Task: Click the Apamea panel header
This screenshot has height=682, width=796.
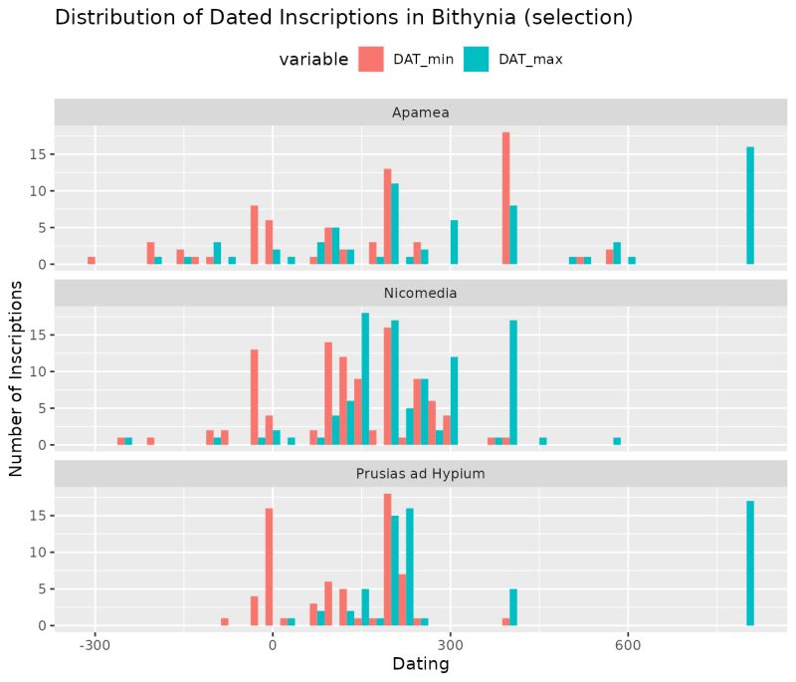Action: point(420,113)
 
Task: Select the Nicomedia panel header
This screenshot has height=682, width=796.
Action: point(420,293)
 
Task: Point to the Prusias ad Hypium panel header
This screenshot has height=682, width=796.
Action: point(420,474)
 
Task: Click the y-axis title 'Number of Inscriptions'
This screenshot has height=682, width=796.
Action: point(17,377)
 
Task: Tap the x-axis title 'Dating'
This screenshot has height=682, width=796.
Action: point(420,664)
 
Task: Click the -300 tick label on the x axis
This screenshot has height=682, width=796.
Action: point(95,643)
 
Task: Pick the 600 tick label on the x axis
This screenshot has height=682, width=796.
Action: point(628,643)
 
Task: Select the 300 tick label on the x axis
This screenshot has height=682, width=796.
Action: point(450,643)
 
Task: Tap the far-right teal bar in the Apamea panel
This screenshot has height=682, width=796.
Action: point(750,205)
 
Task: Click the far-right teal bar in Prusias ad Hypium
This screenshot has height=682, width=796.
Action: point(750,563)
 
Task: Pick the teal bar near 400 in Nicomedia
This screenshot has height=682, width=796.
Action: point(513,382)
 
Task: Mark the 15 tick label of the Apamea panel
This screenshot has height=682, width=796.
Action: point(37,154)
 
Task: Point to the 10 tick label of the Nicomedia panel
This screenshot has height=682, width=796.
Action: point(37,371)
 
